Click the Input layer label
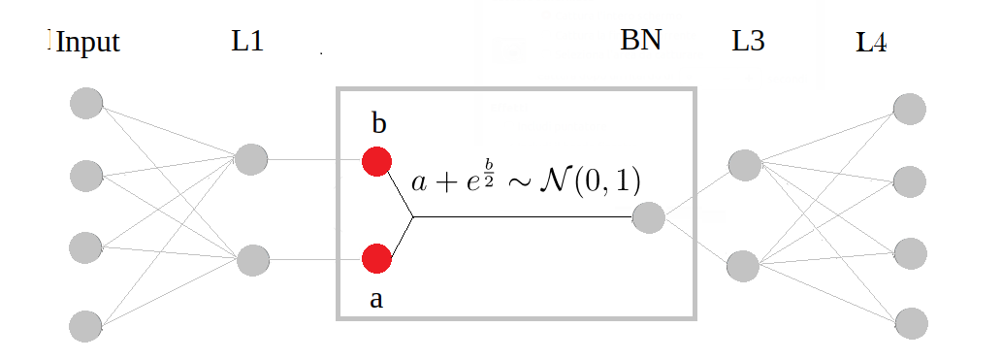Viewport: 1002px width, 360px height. (87, 44)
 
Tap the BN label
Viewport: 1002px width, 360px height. (640, 42)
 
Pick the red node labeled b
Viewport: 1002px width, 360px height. (376, 161)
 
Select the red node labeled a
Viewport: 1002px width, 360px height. (376, 259)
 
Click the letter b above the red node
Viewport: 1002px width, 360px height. (378, 124)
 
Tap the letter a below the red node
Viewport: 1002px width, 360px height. (376, 299)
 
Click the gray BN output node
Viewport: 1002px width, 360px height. (648, 218)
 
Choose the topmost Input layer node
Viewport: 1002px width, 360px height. (86, 103)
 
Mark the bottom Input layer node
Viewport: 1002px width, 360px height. (86, 325)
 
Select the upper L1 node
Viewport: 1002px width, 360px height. (250, 159)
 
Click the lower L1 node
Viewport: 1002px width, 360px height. (252, 260)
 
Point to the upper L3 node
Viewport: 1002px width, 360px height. (744, 165)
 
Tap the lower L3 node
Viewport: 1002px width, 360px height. (742, 265)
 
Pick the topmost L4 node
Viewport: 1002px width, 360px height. (910, 108)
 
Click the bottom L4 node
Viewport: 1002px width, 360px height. (910, 322)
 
